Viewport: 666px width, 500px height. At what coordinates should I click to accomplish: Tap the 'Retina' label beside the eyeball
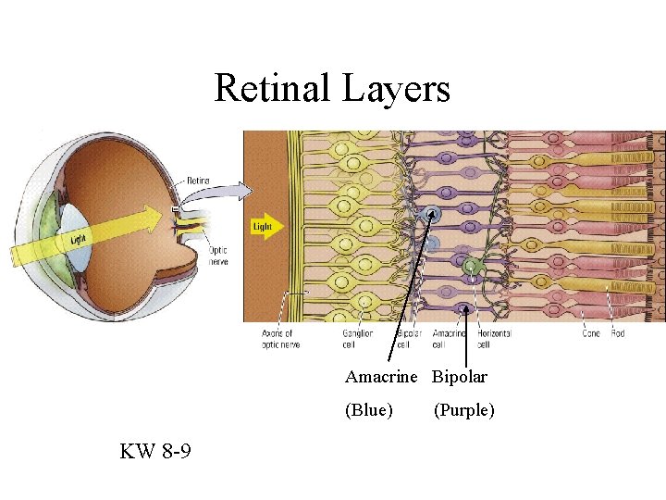coord(200,181)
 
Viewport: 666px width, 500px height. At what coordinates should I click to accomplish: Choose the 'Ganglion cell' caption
coord(357,339)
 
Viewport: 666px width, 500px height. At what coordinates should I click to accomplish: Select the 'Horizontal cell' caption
coord(495,339)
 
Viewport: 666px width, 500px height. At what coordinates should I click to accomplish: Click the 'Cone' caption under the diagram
coord(591,333)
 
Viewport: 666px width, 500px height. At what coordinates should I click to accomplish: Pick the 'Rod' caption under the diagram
coord(617,333)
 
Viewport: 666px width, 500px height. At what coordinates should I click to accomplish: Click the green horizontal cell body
coord(473,268)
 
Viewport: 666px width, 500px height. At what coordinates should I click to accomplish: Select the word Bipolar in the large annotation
coord(460,377)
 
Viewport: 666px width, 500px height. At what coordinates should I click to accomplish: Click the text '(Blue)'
coord(369,409)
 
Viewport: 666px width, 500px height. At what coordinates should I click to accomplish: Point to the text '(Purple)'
coord(464,409)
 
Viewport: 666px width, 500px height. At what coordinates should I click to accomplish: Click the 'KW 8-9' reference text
coord(155,452)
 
